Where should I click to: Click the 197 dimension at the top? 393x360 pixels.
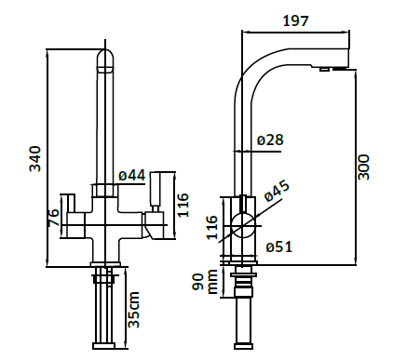click(296, 20)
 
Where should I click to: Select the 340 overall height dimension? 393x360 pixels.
click(34, 158)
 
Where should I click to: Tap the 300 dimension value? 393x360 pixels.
click(363, 167)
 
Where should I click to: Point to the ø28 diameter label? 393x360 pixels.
click(270, 140)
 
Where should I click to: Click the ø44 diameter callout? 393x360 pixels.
click(132, 176)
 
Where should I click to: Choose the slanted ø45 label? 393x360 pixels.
click(277, 191)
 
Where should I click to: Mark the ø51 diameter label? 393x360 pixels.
click(279, 247)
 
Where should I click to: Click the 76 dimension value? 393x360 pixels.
click(53, 218)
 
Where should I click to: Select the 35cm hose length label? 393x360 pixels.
click(134, 310)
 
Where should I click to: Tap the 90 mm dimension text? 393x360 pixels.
click(205, 282)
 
